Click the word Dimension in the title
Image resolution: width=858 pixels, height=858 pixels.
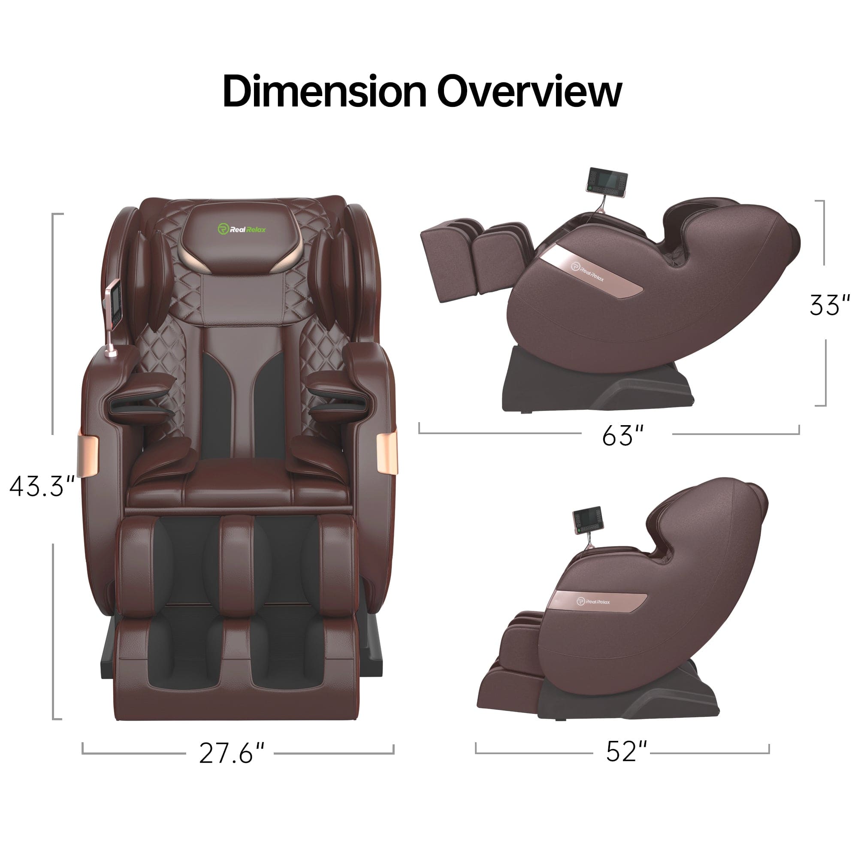coord(324,91)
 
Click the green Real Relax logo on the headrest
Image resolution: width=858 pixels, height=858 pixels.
coord(242,229)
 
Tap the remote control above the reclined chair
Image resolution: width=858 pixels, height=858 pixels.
coord(607,182)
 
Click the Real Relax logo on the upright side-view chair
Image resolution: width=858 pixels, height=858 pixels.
coord(593,602)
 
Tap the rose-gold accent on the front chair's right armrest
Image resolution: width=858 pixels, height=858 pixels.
coord(387,453)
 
